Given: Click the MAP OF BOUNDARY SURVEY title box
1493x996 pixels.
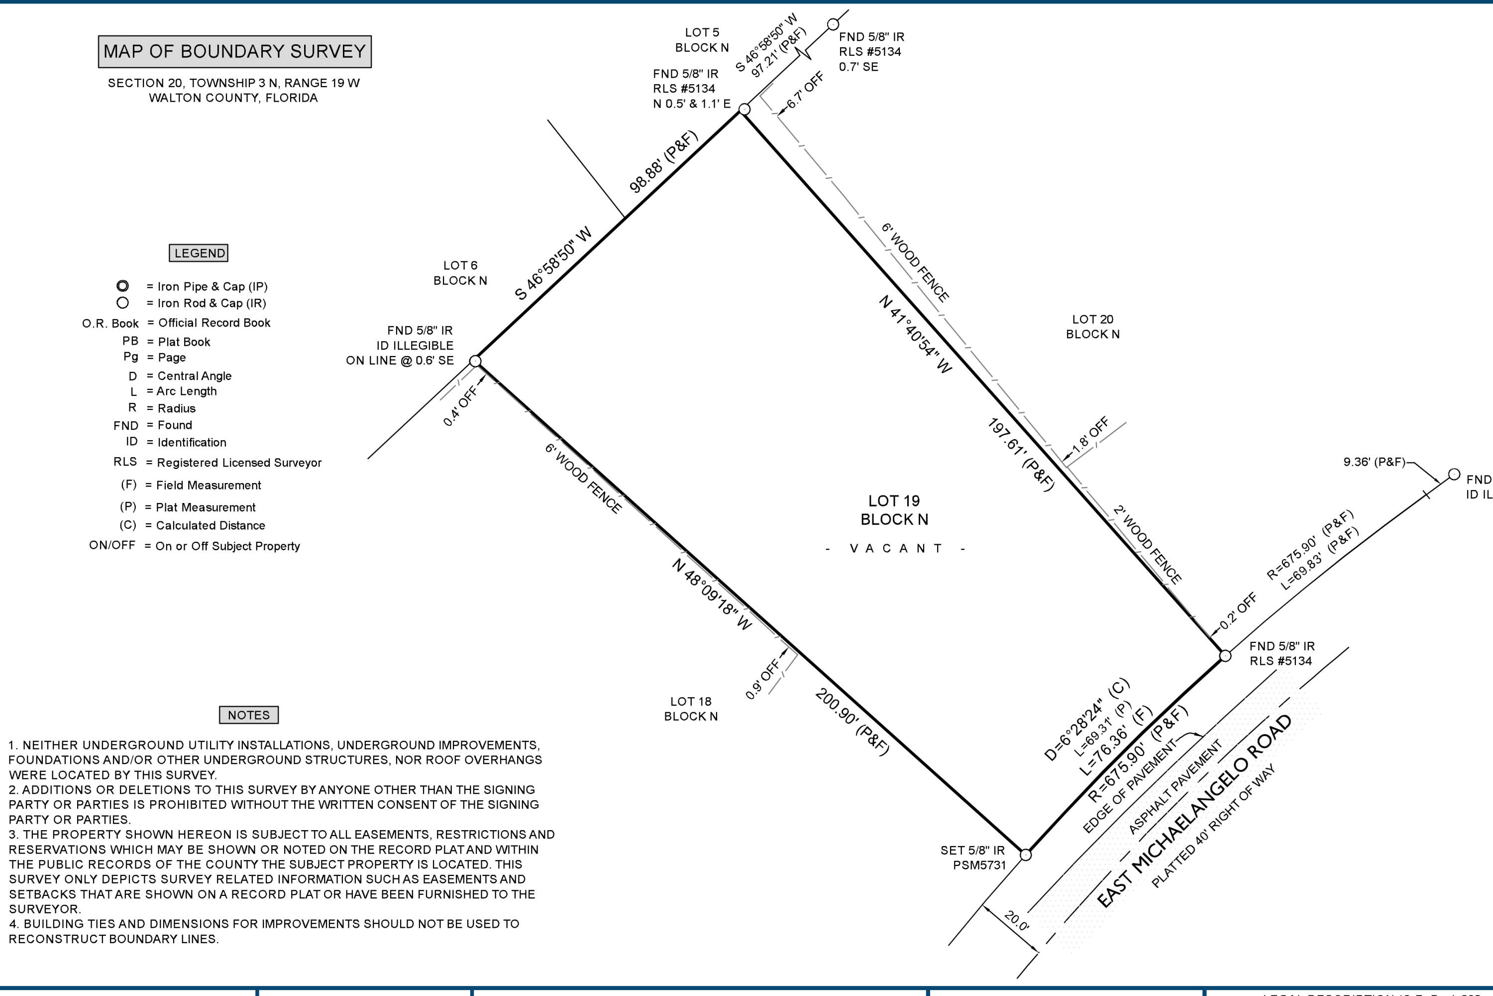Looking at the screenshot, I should (x=234, y=51).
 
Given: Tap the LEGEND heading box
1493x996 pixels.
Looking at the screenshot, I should (x=199, y=253).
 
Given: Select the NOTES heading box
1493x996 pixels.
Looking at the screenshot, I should (x=249, y=715).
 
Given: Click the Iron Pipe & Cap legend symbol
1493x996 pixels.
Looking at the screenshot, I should (x=122, y=286).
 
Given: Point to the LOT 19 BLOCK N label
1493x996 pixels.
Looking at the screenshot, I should (x=894, y=510).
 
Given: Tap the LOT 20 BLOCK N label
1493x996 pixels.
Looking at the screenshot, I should (x=1092, y=327).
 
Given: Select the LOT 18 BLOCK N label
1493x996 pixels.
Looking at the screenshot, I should (x=691, y=709).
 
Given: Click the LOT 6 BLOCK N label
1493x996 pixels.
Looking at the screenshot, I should (x=460, y=273).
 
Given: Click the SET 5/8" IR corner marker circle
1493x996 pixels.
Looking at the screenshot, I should (x=1025, y=855).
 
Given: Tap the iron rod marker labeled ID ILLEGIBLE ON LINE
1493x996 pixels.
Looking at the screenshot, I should (x=475, y=362).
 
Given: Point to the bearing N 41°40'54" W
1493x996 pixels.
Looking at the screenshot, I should (x=915, y=334).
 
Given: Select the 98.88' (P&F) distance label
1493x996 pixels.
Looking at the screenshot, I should (x=663, y=161).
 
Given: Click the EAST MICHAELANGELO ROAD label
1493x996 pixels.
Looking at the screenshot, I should (x=1193, y=811).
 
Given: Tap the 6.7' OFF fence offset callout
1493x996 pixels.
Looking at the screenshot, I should (x=805, y=90).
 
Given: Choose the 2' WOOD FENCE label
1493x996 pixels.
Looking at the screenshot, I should (x=1148, y=544).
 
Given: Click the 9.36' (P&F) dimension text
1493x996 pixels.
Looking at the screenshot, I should (x=1374, y=462).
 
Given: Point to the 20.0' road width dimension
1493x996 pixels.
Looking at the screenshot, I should (x=1016, y=920).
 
